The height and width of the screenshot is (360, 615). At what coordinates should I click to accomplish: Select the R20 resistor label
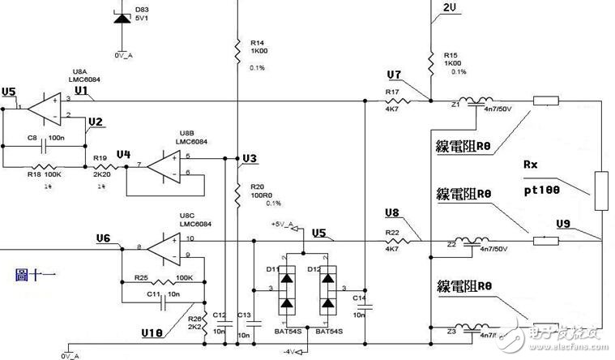click(258, 186)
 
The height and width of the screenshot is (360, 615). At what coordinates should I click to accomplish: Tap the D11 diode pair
click(286, 290)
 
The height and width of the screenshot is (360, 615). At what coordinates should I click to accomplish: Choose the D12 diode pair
click(328, 290)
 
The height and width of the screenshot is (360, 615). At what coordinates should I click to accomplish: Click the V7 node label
click(393, 75)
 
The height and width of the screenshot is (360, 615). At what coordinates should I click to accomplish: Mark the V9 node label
click(564, 223)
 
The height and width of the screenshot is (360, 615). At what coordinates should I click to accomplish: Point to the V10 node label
click(152, 332)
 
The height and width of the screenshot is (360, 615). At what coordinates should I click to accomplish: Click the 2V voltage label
click(451, 8)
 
